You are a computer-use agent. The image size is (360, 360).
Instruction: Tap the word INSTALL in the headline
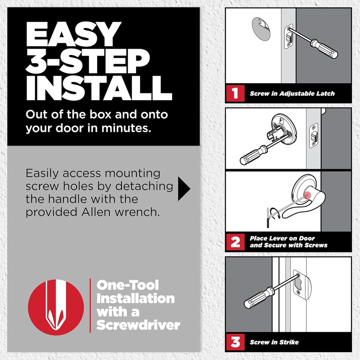point(99,87)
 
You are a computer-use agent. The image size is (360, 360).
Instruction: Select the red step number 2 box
point(235,242)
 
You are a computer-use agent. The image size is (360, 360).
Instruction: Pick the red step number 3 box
point(235,341)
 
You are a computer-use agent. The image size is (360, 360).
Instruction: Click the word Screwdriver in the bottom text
point(138,325)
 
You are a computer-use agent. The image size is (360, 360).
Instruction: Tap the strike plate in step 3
point(302,285)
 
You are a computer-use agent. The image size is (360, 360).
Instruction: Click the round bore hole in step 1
point(261,29)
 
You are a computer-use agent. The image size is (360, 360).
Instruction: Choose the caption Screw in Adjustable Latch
point(292,94)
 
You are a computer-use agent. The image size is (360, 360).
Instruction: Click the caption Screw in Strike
point(274,342)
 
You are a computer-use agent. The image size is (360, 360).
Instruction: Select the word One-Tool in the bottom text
point(128,285)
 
